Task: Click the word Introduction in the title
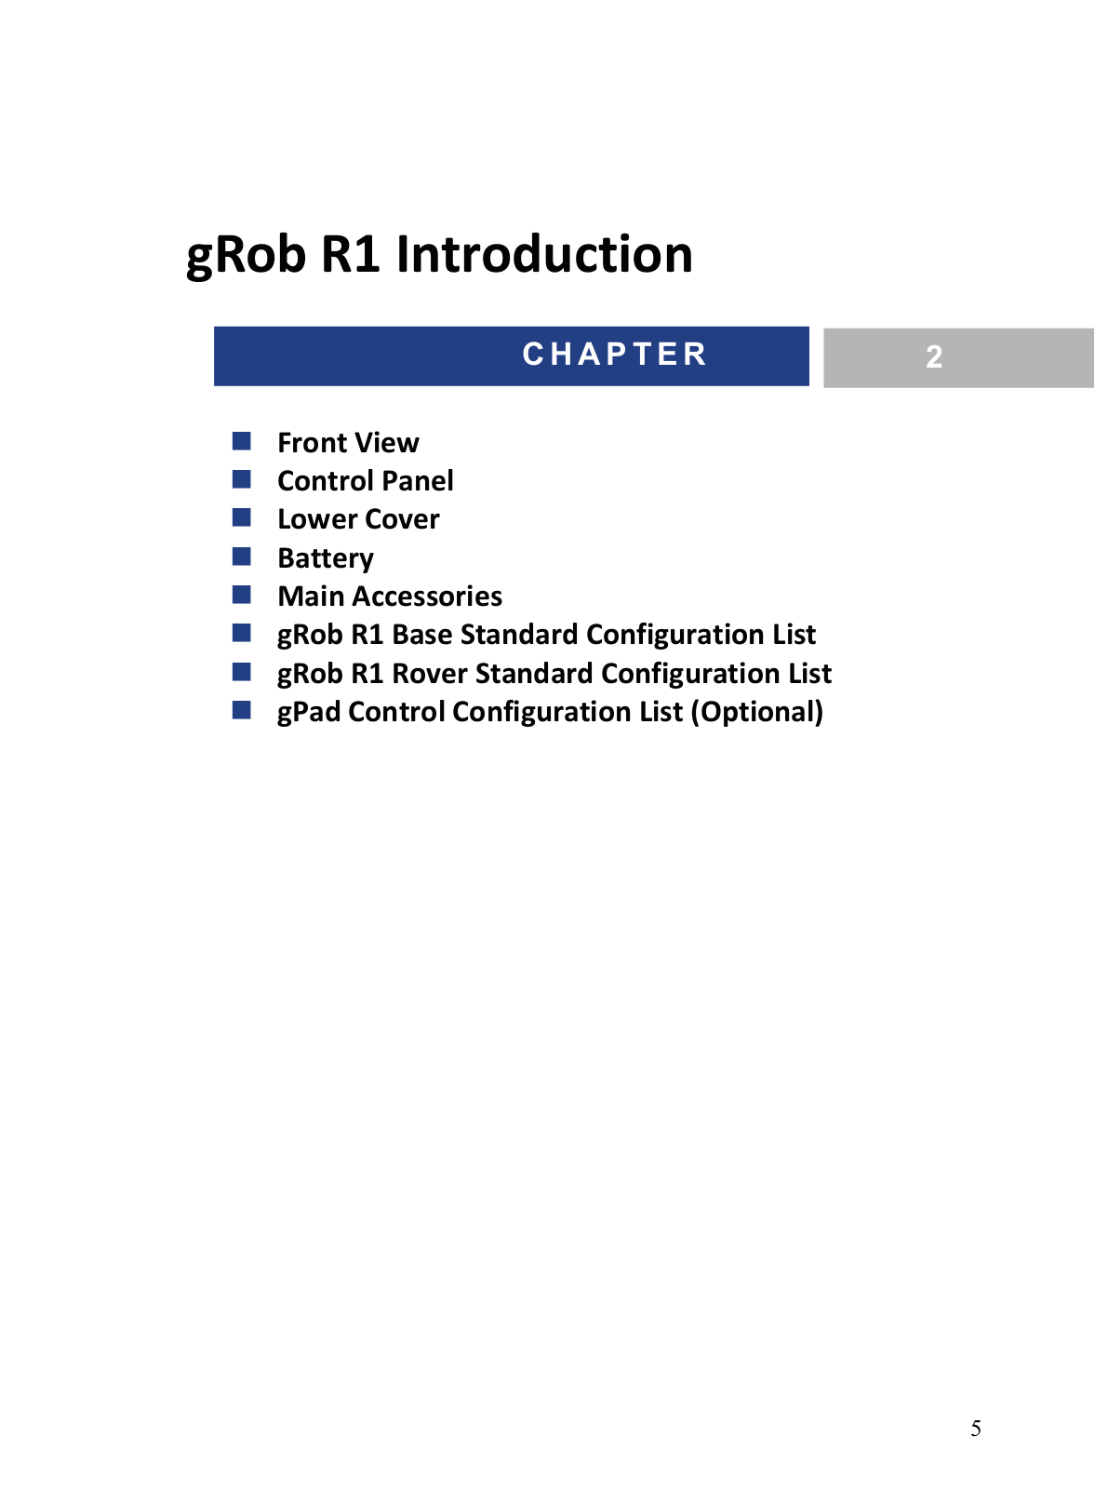545,254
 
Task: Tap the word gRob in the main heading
246,257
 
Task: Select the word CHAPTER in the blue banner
615,354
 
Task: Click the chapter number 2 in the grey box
934,357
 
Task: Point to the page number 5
975,1428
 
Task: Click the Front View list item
348,443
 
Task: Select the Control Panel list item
366,480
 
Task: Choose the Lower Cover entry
358,519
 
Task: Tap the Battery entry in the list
326,558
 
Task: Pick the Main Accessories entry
390,597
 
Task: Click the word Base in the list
422,635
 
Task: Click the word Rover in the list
429,674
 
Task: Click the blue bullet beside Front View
241,441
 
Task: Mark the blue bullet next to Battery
241,557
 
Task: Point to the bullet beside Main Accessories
241,595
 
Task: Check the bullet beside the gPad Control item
241,710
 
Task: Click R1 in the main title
351,254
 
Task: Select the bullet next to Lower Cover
241,517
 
